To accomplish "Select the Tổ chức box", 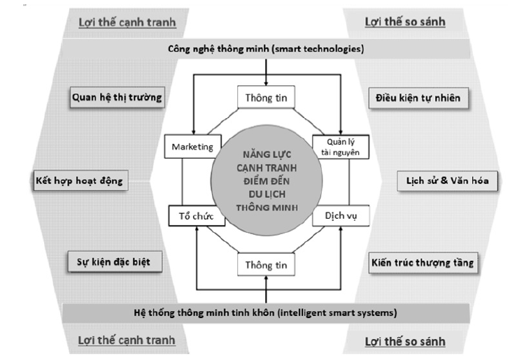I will pos(196,216).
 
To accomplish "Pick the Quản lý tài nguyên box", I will pos(339,147).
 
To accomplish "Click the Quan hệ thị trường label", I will pos(117,98).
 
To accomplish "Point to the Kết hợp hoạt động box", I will pos(79,181).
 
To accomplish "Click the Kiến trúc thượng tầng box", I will pos(422,263).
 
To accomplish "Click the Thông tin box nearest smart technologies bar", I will pos(266,97).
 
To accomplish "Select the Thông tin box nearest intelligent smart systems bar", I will pos(266,265).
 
